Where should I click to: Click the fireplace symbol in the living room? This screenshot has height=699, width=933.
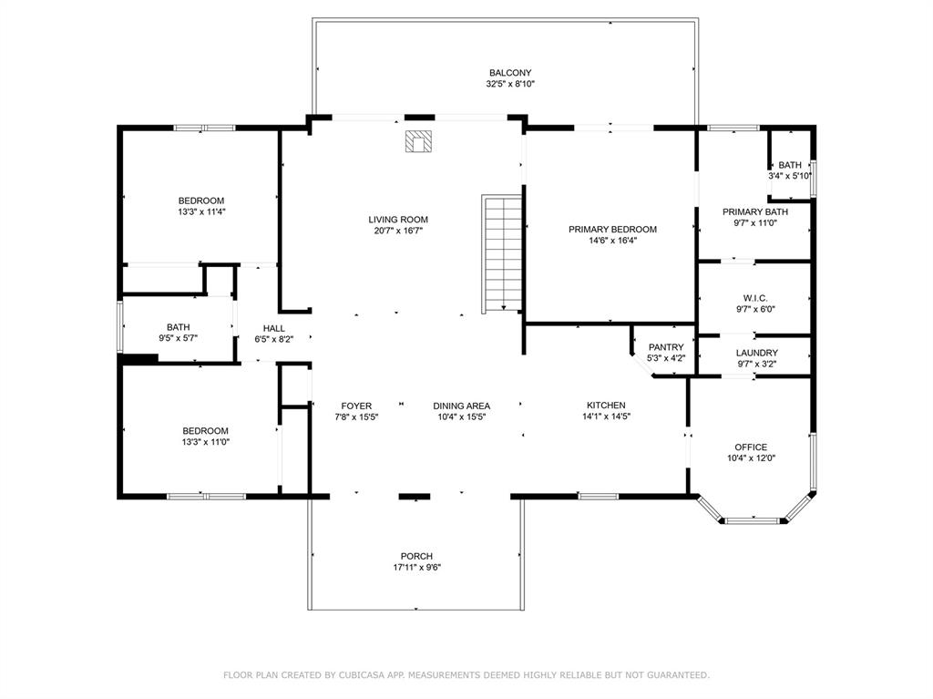419,142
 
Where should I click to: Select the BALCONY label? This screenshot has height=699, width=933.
509,73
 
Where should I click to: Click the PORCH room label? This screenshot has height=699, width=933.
416,556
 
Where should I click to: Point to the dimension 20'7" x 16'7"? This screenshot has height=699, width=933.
397,231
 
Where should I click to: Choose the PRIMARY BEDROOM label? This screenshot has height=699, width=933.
612,230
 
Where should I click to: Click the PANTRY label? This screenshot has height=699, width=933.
665,347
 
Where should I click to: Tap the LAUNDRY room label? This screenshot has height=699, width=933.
756,353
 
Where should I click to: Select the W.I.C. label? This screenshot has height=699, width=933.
755,298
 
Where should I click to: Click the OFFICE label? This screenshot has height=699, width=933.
751,447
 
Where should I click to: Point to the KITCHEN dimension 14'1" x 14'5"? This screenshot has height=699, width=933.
605,416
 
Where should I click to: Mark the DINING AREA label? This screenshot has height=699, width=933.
461,406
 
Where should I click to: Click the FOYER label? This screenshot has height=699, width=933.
356,406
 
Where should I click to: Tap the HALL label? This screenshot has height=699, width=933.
274,328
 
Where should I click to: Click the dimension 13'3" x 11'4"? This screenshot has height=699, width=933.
201,211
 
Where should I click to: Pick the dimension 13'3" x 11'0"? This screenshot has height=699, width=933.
205,442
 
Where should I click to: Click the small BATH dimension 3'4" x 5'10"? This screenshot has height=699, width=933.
790,176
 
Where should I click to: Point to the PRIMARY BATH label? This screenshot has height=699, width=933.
755,211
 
